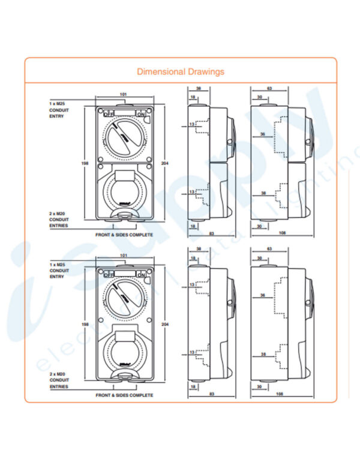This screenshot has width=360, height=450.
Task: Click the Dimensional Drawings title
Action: coord(181,72)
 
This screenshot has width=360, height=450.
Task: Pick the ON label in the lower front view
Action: coord(141,274)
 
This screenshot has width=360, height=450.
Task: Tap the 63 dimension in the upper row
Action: coord(269,88)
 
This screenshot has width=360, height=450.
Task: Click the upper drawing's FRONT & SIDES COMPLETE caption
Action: coord(124,235)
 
